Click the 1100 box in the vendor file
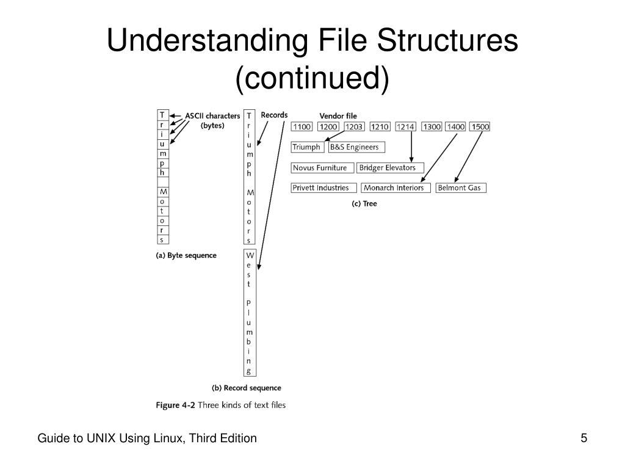pos(302,127)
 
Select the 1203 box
pos(353,127)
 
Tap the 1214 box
pos(405,127)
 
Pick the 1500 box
pos(480,127)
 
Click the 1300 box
pos(432,127)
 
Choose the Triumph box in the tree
pos(306,147)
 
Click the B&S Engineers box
pos(356,147)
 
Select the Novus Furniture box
pos(322,168)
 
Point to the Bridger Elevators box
pos(390,168)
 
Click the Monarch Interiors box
pos(396,188)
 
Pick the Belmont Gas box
pos(461,188)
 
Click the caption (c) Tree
pos(364,204)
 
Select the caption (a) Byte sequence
pos(186,255)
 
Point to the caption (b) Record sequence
pos(246,388)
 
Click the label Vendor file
pos(338,115)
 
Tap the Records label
pos(274,115)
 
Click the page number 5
pos(583,438)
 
